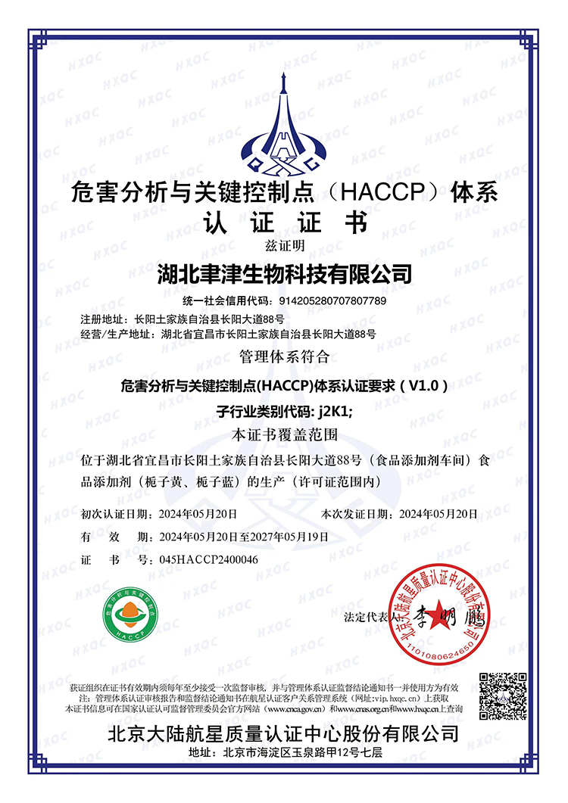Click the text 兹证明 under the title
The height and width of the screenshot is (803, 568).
284,244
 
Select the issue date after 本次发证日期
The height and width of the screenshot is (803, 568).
438,514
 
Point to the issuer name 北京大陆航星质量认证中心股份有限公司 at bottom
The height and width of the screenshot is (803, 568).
284,733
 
